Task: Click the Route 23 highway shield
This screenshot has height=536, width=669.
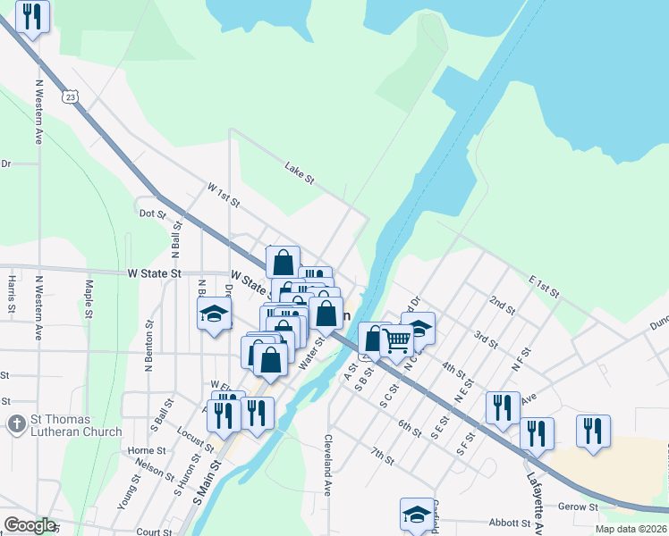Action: pos(69,96)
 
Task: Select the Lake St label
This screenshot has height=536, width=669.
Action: pos(300,173)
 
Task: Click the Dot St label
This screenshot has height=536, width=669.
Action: pos(153,214)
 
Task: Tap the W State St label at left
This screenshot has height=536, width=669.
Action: pos(154,273)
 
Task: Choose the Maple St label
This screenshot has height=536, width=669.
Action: pos(89,299)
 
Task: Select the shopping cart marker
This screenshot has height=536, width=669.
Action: pos(396,339)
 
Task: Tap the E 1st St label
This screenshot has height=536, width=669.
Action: pos(543,286)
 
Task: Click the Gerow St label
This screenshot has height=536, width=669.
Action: pos(579,507)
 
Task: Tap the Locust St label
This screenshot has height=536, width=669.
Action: pos(195,440)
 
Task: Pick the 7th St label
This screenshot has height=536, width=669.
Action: pos(383,458)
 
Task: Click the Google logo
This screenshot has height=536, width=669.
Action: pos(29,525)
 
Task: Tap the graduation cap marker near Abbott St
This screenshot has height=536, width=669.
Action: pos(417,514)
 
